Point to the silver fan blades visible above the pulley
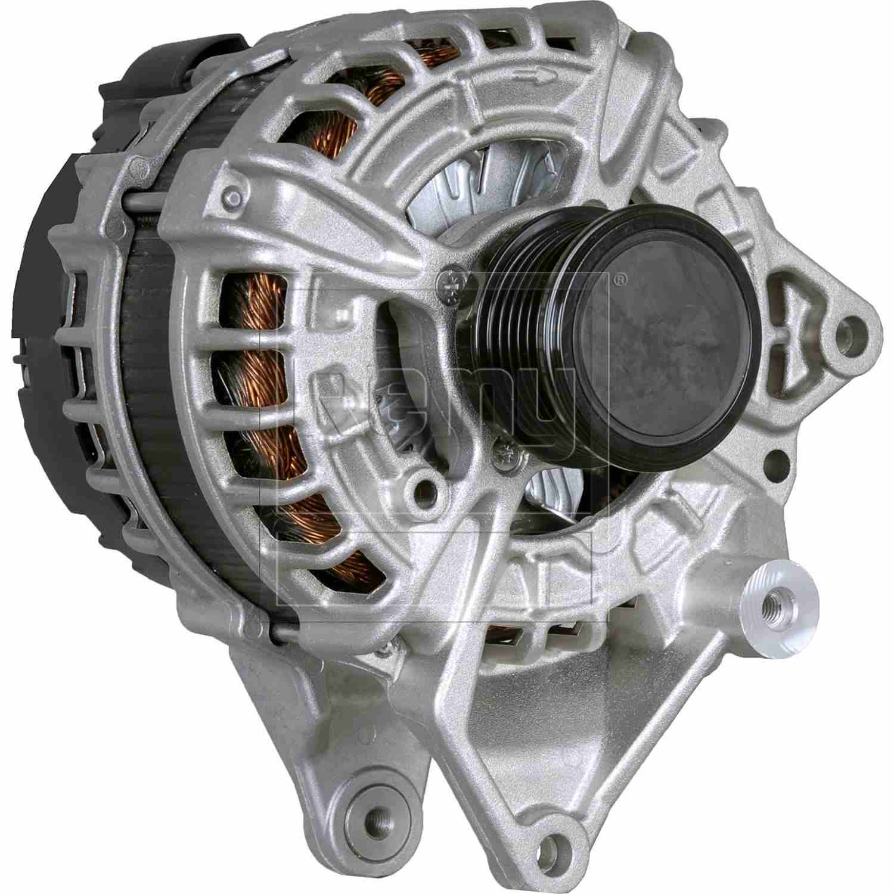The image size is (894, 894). (x=453, y=179)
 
